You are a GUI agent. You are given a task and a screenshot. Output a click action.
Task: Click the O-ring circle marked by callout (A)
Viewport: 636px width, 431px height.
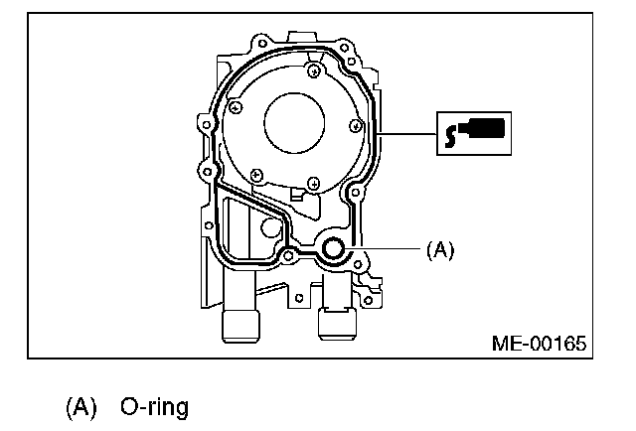(334, 248)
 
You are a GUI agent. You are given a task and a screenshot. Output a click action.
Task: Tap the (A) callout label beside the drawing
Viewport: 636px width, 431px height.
(439, 251)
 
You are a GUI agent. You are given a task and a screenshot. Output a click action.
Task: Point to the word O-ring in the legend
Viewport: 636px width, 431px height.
(154, 407)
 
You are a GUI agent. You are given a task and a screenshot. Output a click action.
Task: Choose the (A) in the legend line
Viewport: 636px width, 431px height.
(82, 407)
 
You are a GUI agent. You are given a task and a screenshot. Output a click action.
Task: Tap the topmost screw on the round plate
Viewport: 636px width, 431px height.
(315, 70)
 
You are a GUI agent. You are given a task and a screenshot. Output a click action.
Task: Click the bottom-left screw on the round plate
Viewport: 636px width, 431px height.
(256, 176)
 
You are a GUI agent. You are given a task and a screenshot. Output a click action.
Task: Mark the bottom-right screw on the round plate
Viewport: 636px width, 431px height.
(313, 183)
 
